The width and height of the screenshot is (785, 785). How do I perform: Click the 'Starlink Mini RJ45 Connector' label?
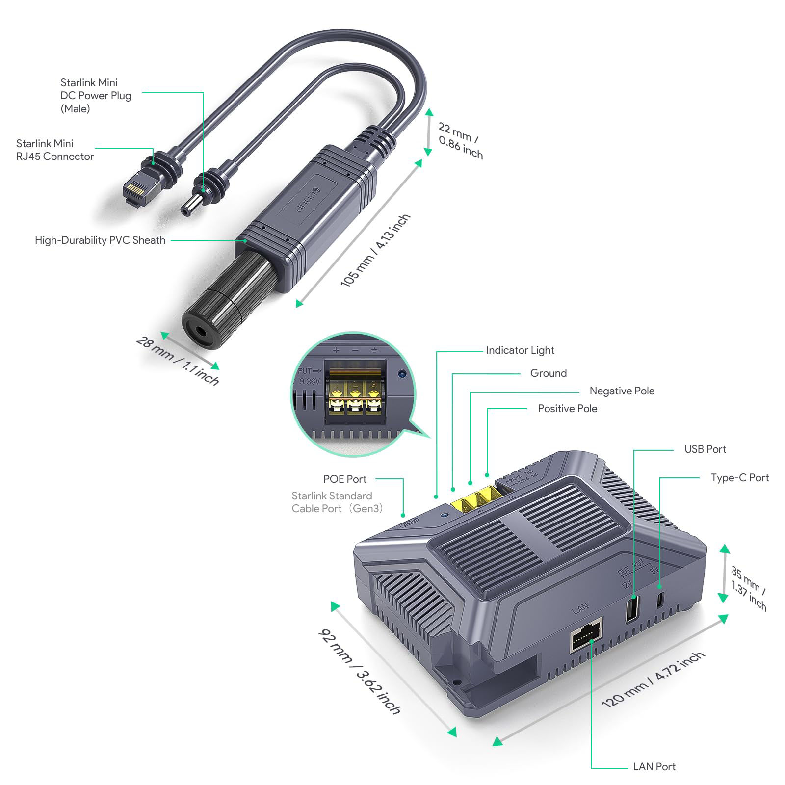coord(54,150)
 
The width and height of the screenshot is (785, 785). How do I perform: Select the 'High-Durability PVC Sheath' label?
coord(100,240)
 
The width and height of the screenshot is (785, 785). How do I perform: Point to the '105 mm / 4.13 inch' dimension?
coord(375,250)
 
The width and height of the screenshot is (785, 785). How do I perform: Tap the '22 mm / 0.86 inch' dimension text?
coord(460,141)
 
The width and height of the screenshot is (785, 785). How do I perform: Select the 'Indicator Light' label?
coord(520,350)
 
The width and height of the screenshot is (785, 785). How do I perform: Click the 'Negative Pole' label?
coord(622,391)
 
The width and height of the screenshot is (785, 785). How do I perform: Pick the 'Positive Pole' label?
coord(567,408)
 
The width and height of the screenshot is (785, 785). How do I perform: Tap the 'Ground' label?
coord(548,373)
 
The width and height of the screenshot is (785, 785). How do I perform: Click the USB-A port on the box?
coord(632,608)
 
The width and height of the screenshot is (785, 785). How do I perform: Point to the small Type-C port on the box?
coord(660,599)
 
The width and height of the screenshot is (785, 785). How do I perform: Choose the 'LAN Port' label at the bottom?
coord(654,766)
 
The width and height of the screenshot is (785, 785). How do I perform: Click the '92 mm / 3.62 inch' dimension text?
coord(360,671)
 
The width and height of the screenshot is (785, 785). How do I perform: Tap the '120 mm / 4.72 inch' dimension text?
coord(653,679)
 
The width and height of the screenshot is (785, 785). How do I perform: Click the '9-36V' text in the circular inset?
coord(310,381)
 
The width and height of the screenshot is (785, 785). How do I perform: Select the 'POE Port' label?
coord(344,479)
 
